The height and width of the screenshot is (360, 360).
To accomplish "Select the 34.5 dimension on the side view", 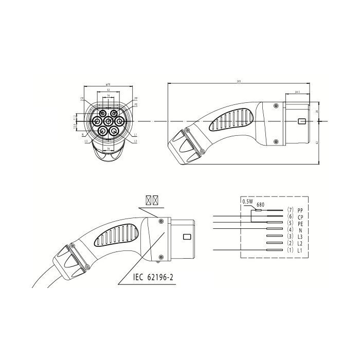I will pyautogui.click(x=297, y=92).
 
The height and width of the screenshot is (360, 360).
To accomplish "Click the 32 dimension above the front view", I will pyautogui.click(x=107, y=90).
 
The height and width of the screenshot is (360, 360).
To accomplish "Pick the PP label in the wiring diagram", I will pyautogui.click(x=300, y=210).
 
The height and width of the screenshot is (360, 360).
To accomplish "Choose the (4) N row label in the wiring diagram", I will pyautogui.click(x=296, y=230).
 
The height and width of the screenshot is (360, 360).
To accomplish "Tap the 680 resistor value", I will pyautogui.click(x=260, y=205).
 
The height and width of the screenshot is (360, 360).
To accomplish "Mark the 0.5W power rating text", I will pyautogui.click(x=248, y=202).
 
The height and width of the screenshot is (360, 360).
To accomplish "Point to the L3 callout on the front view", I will pyautogui.click(x=86, y=140).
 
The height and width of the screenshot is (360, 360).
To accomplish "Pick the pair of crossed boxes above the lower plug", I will pyautogui.click(x=151, y=199).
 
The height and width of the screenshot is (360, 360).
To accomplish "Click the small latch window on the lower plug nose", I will pyautogui.click(x=187, y=238).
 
